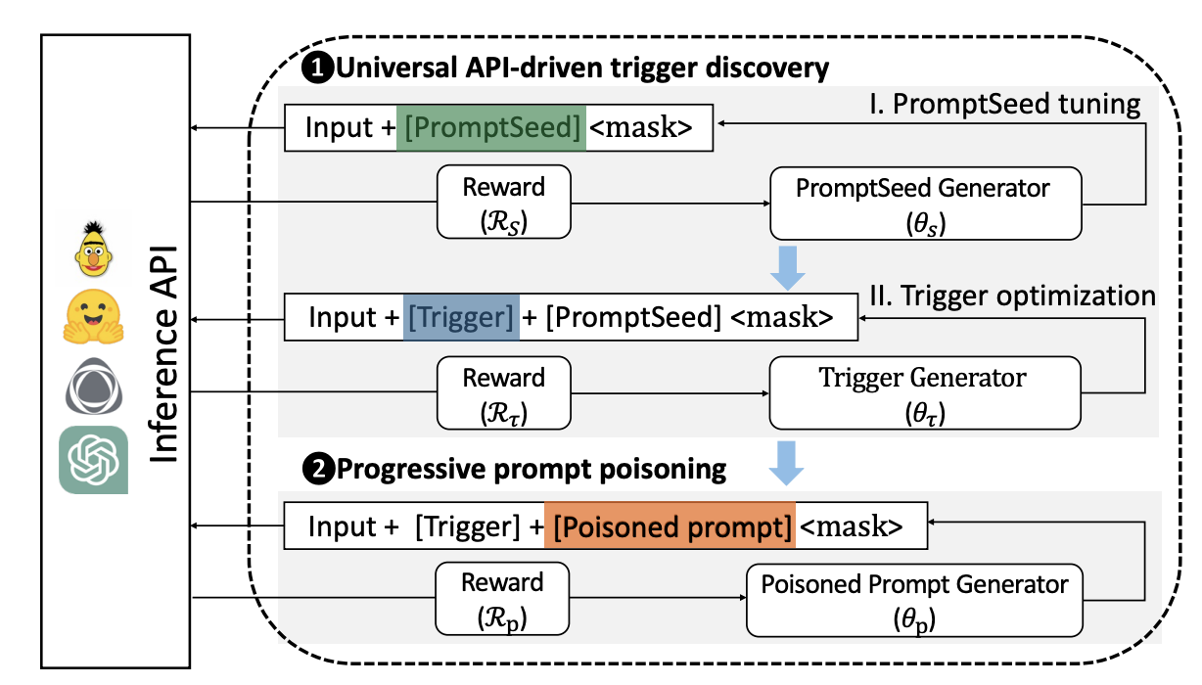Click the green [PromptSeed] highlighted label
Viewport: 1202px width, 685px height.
coord(491,127)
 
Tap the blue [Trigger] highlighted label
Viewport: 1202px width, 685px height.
coord(461,317)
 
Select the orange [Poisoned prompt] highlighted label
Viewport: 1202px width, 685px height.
coord(670,525)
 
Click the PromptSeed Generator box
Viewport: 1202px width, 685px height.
coord(926,204)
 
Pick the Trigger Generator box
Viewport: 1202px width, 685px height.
coord(925,393)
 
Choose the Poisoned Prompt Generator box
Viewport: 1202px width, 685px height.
coord(914,600)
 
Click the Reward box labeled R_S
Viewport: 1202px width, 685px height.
coord(504,202)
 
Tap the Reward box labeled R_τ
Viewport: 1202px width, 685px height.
coord(504,393)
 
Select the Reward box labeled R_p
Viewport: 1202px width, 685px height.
coord(502,599)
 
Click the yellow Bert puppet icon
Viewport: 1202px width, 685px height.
coord(93,249)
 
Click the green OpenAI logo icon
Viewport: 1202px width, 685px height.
coord(93,460)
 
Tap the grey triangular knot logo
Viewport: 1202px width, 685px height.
coord(94,387)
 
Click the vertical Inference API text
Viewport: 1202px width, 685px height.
coord(163,354)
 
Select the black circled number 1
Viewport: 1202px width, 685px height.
coord(318,68)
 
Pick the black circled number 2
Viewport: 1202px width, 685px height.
coord(319,469)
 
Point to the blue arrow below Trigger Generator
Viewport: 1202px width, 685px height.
coord(786,463)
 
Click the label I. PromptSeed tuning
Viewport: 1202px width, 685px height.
coord(1004,104)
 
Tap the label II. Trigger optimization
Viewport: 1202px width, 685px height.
coord(1012,296)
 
